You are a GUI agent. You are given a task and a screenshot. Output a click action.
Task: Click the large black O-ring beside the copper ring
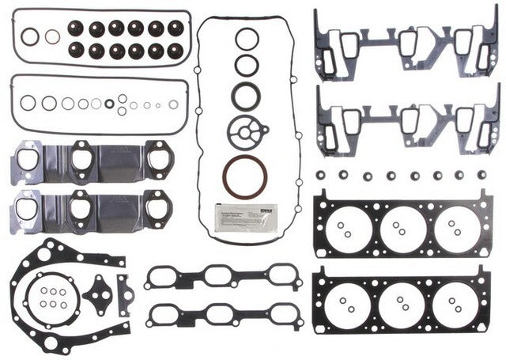click(29, 36)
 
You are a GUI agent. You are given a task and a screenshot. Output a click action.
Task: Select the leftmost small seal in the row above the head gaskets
click(321, 173)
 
